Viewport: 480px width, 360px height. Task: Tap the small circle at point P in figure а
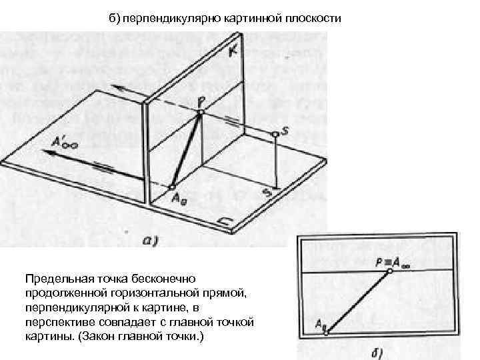click(200, 111)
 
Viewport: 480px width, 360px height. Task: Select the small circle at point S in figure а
click(275, 135)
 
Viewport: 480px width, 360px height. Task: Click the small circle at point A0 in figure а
click(172, 187)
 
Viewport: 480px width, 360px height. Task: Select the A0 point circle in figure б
click(326, 331)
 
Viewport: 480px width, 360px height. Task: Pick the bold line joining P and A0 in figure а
click(187, 149)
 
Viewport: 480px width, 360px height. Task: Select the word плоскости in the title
click(316, 17)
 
